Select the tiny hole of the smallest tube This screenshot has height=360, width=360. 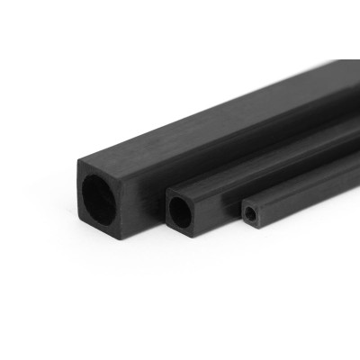[x=248, y=215]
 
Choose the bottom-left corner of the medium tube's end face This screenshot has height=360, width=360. [x=167, y=227]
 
